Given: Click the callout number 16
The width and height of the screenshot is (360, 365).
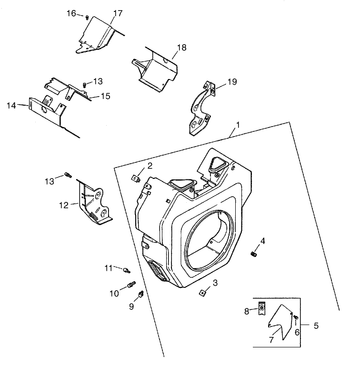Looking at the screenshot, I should coord(71,13).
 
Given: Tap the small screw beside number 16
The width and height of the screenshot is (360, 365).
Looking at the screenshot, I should coord(88,18).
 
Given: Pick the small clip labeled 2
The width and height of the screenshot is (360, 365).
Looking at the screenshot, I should coord(135,178).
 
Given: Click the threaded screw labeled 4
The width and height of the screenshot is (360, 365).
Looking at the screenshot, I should coord(254,255).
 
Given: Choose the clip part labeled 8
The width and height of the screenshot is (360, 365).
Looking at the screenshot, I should coord(260,310).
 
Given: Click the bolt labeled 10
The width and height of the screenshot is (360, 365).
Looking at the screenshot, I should coord(130,286).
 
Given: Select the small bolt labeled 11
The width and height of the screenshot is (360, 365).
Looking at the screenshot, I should coord(126,270).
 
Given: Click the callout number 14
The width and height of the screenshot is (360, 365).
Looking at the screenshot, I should coord(12,105).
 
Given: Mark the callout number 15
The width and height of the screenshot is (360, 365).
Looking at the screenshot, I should coord(105,96).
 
